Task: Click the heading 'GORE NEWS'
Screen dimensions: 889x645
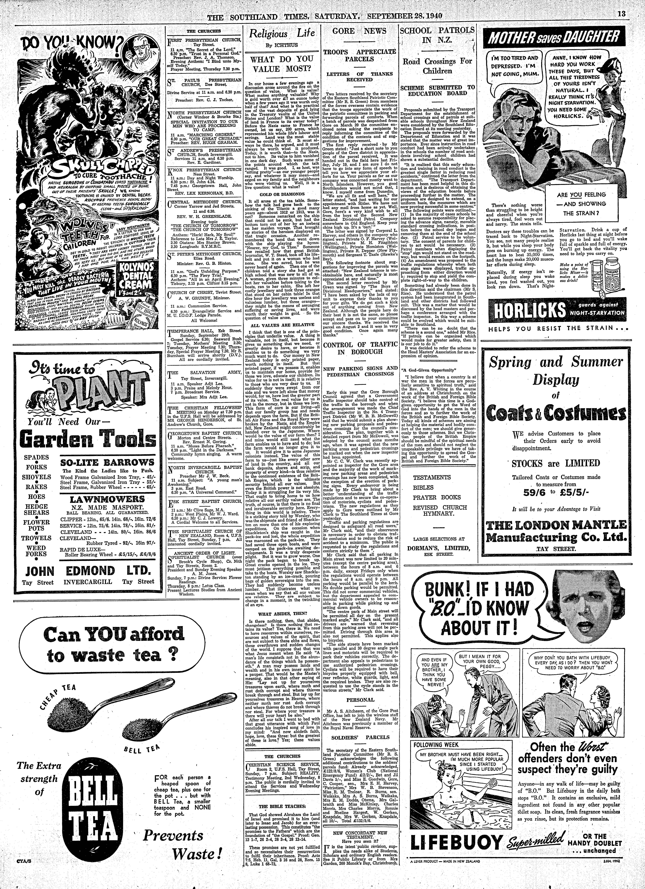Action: tap(359, 31)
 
